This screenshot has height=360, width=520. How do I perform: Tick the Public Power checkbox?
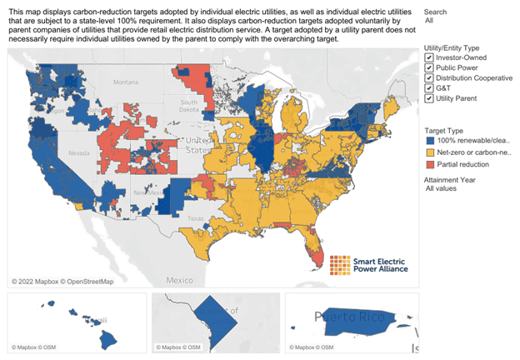coord(428,68)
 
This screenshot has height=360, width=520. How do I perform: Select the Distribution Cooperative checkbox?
coord(428,78)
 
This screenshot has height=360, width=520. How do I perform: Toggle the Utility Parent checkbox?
coord(428,98)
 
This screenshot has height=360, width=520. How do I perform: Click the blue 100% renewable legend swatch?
coord(428,142)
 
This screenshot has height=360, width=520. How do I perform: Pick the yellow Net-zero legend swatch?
coord(428,153)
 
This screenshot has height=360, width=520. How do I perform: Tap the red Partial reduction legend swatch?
coord(428,165)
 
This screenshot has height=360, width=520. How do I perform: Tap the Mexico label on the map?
coord(179,281)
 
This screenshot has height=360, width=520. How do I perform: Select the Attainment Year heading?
coord(450,180)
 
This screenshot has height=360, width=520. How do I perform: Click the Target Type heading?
coord(443,130)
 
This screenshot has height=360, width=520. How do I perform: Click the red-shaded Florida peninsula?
coord(312,247)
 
